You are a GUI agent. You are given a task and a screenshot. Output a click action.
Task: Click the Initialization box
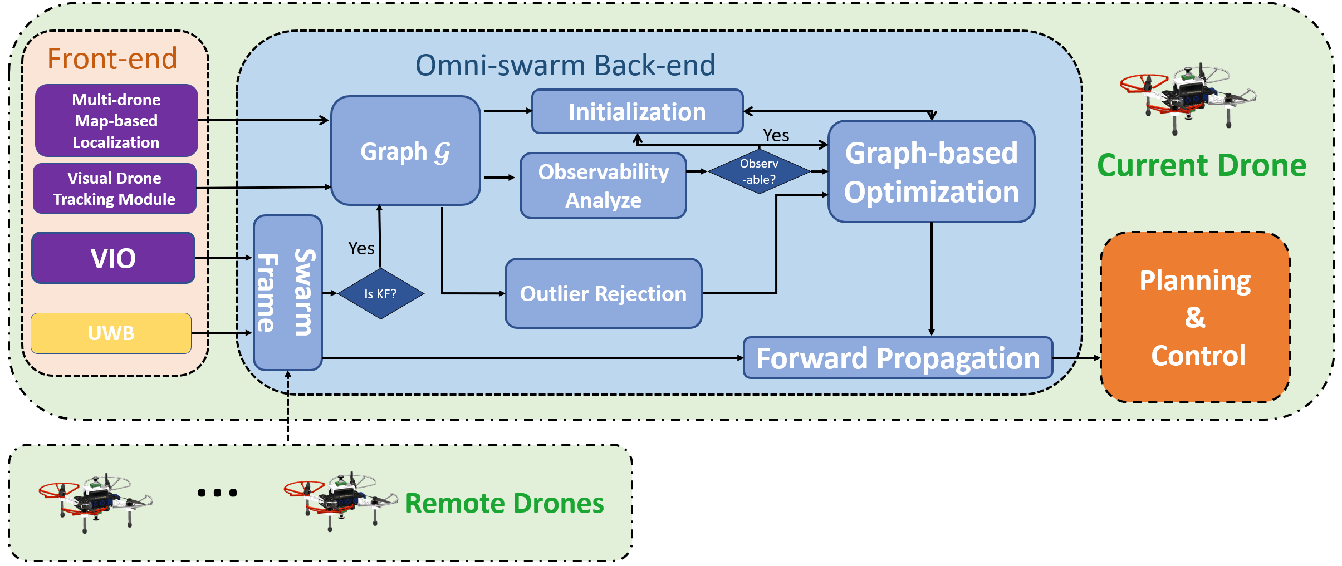coord(637,112)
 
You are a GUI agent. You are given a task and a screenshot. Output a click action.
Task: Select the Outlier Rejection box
coord(603,293)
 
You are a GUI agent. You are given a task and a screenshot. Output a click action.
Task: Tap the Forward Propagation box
coord(898,358)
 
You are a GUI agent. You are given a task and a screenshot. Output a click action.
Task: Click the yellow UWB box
coord(111,333)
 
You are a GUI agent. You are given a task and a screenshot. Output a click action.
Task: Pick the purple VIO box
coord(113,258)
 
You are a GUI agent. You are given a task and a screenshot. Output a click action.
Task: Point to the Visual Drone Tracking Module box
coord(114,188)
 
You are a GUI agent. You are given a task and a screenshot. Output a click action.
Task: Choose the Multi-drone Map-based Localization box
coord(116,120)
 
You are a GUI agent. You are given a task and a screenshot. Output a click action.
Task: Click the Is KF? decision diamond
coord(380,293)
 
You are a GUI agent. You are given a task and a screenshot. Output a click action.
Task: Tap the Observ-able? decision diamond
coord(758,171)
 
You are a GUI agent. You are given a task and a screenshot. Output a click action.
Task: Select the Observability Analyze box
coord(603,185)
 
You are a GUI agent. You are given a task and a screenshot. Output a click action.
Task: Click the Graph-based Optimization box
coord(931,171)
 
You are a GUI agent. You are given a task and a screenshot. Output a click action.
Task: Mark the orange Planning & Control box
coord(1195,317)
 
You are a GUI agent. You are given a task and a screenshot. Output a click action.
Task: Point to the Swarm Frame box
coord(287,293)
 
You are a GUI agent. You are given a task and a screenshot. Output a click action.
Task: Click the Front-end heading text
coord(112,58)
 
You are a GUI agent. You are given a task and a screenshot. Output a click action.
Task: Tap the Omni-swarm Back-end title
coord(565,65)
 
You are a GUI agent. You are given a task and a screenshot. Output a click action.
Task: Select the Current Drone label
coord(1201,165)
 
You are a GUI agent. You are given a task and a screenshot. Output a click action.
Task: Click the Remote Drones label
coord(504,503)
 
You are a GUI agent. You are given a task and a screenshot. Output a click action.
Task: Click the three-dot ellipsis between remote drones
coord(217,493)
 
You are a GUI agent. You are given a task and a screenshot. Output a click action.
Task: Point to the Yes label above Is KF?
coord(361,248)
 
